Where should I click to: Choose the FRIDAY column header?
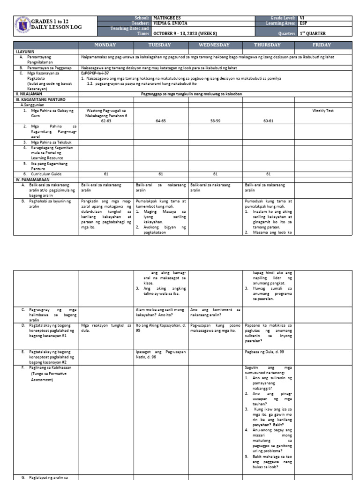pos(324,45)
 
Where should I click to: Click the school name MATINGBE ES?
pos(167,18)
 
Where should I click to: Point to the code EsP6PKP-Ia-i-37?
pos(96,74)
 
